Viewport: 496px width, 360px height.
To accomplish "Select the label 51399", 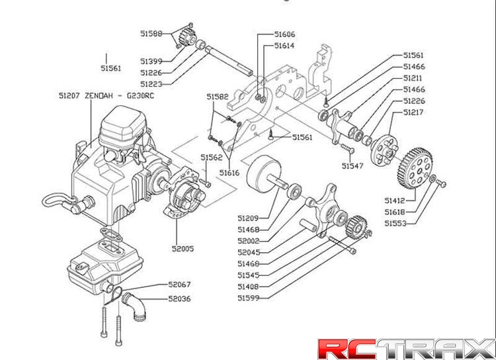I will tap(151, 62).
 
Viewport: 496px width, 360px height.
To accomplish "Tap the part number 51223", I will tap(151, 84).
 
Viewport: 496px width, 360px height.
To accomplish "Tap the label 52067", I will tap(179, 284).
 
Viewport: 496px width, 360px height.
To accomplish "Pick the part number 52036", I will tap(179, 299).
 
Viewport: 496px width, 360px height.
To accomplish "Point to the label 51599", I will tap(248, 298).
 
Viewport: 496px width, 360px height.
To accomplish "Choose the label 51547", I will tap(353, 166).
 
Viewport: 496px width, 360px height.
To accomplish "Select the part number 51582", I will tap(217, 97).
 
